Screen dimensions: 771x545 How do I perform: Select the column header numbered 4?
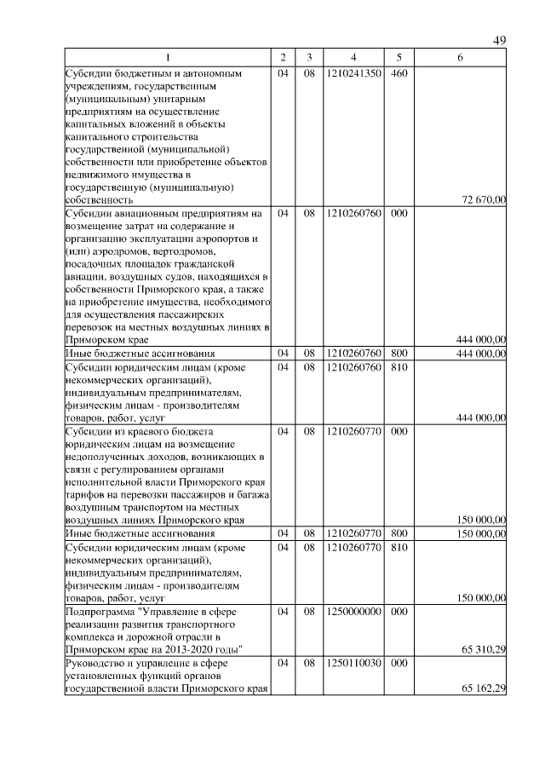point(353,58)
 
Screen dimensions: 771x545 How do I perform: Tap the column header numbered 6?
point(460,58)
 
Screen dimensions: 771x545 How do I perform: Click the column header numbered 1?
point(167,58)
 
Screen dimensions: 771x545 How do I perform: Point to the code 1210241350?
point(353,73)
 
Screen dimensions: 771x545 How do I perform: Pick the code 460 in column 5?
point(399,73)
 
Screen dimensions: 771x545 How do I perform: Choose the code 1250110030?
point(353,663)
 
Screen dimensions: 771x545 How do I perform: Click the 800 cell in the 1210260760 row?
point(399,353)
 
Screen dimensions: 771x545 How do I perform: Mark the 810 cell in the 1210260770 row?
point(399,547)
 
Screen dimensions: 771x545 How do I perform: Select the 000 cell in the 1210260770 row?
point(399,431)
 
